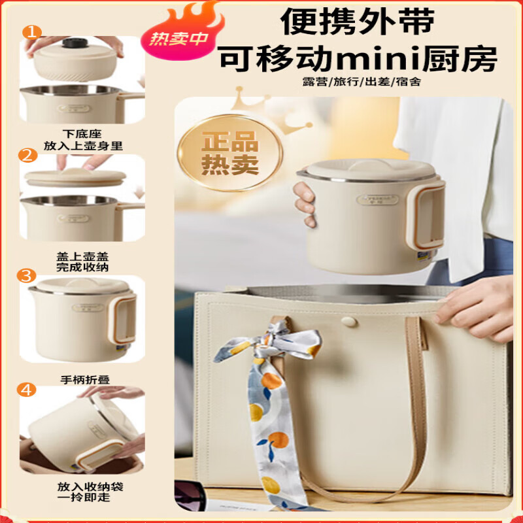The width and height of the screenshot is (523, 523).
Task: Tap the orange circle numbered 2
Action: tap(27, 156)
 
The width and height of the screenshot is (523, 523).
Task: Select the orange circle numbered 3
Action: tap(27, 276)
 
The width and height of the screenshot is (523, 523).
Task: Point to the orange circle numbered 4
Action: tap(27, 390)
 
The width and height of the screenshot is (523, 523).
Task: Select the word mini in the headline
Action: tap(394, 60)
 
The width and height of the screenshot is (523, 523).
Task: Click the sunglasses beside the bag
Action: tap(190, 499)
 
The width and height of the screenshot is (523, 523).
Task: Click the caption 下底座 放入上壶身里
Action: tap(82, 141)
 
